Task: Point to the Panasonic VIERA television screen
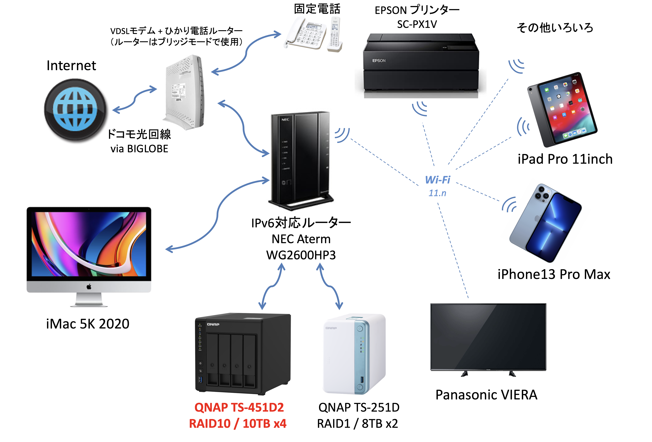tap(488, 337)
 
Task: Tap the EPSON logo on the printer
tap(379, 61)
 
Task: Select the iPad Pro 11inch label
tap(565, 159)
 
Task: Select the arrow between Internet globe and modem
tap(135, 100)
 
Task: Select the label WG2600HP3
tap(301, 255)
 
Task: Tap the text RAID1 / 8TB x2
tap(357, 423)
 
